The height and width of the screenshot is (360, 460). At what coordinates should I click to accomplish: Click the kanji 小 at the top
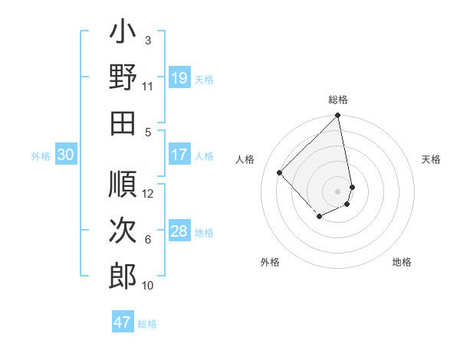point(123,34)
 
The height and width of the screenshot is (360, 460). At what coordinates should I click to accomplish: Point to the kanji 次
point(123,230)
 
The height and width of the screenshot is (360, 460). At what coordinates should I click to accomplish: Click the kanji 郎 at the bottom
point(123,276)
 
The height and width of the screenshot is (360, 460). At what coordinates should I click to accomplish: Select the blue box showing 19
point(179,78)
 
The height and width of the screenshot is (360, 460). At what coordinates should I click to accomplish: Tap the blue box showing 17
point(179,155)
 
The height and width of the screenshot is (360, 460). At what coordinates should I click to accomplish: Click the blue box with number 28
point(179,231)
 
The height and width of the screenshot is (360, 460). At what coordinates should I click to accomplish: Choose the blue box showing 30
point(66,155)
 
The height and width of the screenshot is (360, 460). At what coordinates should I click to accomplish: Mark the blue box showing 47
point(123,322)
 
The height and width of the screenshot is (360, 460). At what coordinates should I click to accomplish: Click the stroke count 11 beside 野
point(148,87)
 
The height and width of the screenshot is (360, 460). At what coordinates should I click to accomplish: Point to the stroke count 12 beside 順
point(148,194)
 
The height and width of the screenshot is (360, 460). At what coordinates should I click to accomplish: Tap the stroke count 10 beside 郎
point(148,286)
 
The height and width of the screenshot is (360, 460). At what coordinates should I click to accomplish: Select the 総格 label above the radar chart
point(338,100)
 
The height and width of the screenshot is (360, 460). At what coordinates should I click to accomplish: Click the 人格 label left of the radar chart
point(245,159)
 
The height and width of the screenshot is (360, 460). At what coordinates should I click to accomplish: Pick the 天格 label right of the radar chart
point(432,159)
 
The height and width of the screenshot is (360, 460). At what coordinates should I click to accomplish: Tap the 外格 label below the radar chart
point(270,263)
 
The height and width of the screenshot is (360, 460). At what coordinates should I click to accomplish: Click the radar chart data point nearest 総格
point(338,116)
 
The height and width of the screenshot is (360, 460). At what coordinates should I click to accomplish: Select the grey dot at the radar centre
point(337,191)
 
